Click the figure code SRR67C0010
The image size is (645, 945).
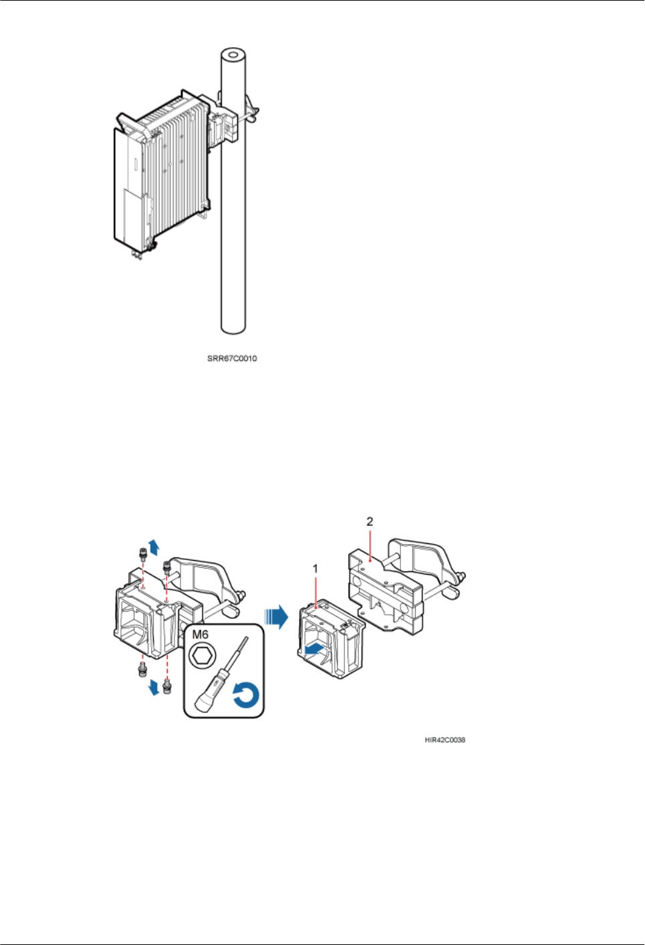tap(232, 359)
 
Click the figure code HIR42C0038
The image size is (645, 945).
tap(444, 740)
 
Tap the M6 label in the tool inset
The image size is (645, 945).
tap(201, 634)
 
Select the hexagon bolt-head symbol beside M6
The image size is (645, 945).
tap(200, 656)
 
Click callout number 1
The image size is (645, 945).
tap(315, 569)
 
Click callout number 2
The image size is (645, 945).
tap(370, 522)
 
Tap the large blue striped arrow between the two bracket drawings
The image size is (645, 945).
tap(276, 616)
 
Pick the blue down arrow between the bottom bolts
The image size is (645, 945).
tap(154, 687)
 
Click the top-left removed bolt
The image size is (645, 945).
tap(142, 553)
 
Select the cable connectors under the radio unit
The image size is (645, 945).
tap(139, 253)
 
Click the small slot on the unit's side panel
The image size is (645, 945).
tap(135, 163)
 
